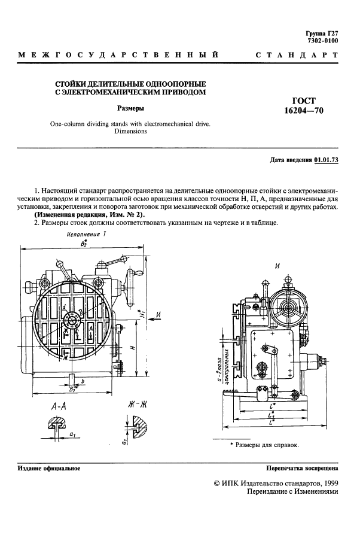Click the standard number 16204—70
pos(304,110)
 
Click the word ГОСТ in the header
pos(304,100)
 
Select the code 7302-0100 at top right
pos(322,41)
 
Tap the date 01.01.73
pos(326,160)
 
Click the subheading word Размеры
pos(130,108)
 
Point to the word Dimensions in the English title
pos(130,131)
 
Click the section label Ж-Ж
pos(138,405)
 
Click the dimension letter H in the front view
pos(131,347)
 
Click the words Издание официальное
pos(49,469)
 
